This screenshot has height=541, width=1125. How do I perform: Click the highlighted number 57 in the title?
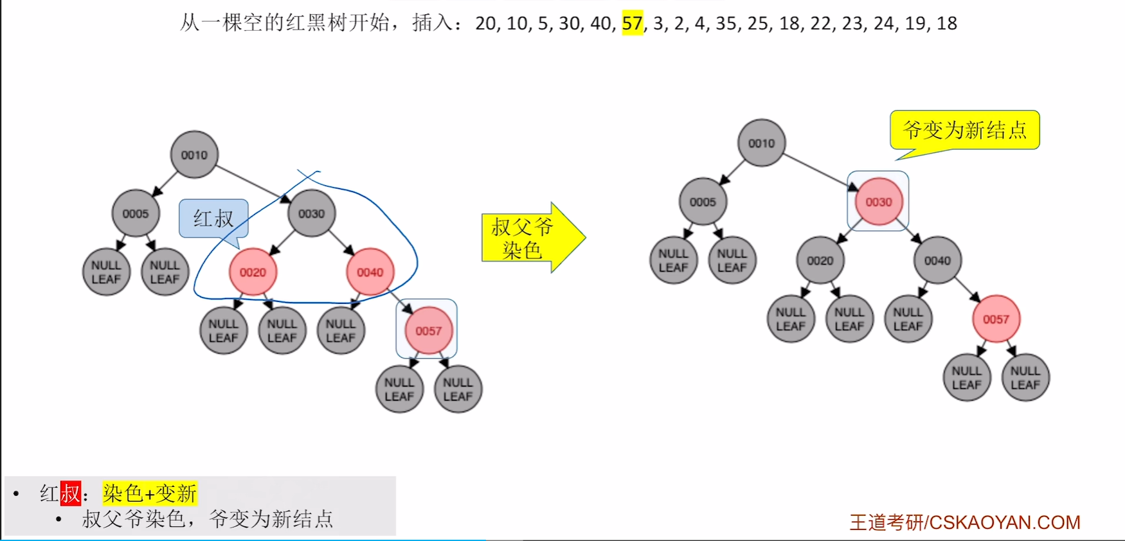click(x=632, y=24)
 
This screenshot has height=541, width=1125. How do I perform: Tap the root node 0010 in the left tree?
click(x=194, y=155)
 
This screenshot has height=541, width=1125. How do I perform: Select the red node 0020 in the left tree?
click(x=253, y=272)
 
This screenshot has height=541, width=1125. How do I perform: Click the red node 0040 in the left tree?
click(x=370, y=272)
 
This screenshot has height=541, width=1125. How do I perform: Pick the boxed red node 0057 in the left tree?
click(x=428, y=331)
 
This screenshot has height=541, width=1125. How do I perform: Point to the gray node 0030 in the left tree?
click(x=311, y=213)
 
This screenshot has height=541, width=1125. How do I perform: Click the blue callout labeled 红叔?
click(x=213, y=218)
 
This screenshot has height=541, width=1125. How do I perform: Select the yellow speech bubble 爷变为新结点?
click(x=964, y=130)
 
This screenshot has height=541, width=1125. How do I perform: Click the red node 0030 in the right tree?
click(x=878, y=202)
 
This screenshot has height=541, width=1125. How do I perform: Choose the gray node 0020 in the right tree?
click(x=820, y=261)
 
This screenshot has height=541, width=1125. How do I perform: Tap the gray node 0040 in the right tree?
click(x=937, y=261)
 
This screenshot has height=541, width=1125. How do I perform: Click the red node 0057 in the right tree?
click(x=996, y=319)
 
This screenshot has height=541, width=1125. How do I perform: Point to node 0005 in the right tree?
click(x=703, y=202)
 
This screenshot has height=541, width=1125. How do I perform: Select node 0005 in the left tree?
click(x=136, y=213)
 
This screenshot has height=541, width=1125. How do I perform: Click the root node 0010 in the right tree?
click(x=761, y=143)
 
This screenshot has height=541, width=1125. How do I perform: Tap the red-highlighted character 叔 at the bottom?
click(x=71, y=493)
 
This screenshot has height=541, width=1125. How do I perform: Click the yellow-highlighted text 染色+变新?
click(x=150, y=493)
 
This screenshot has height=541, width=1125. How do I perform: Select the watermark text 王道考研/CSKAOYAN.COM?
click(x=964, y=522)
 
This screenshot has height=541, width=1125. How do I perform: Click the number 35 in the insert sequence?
click(x=726, y=24)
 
